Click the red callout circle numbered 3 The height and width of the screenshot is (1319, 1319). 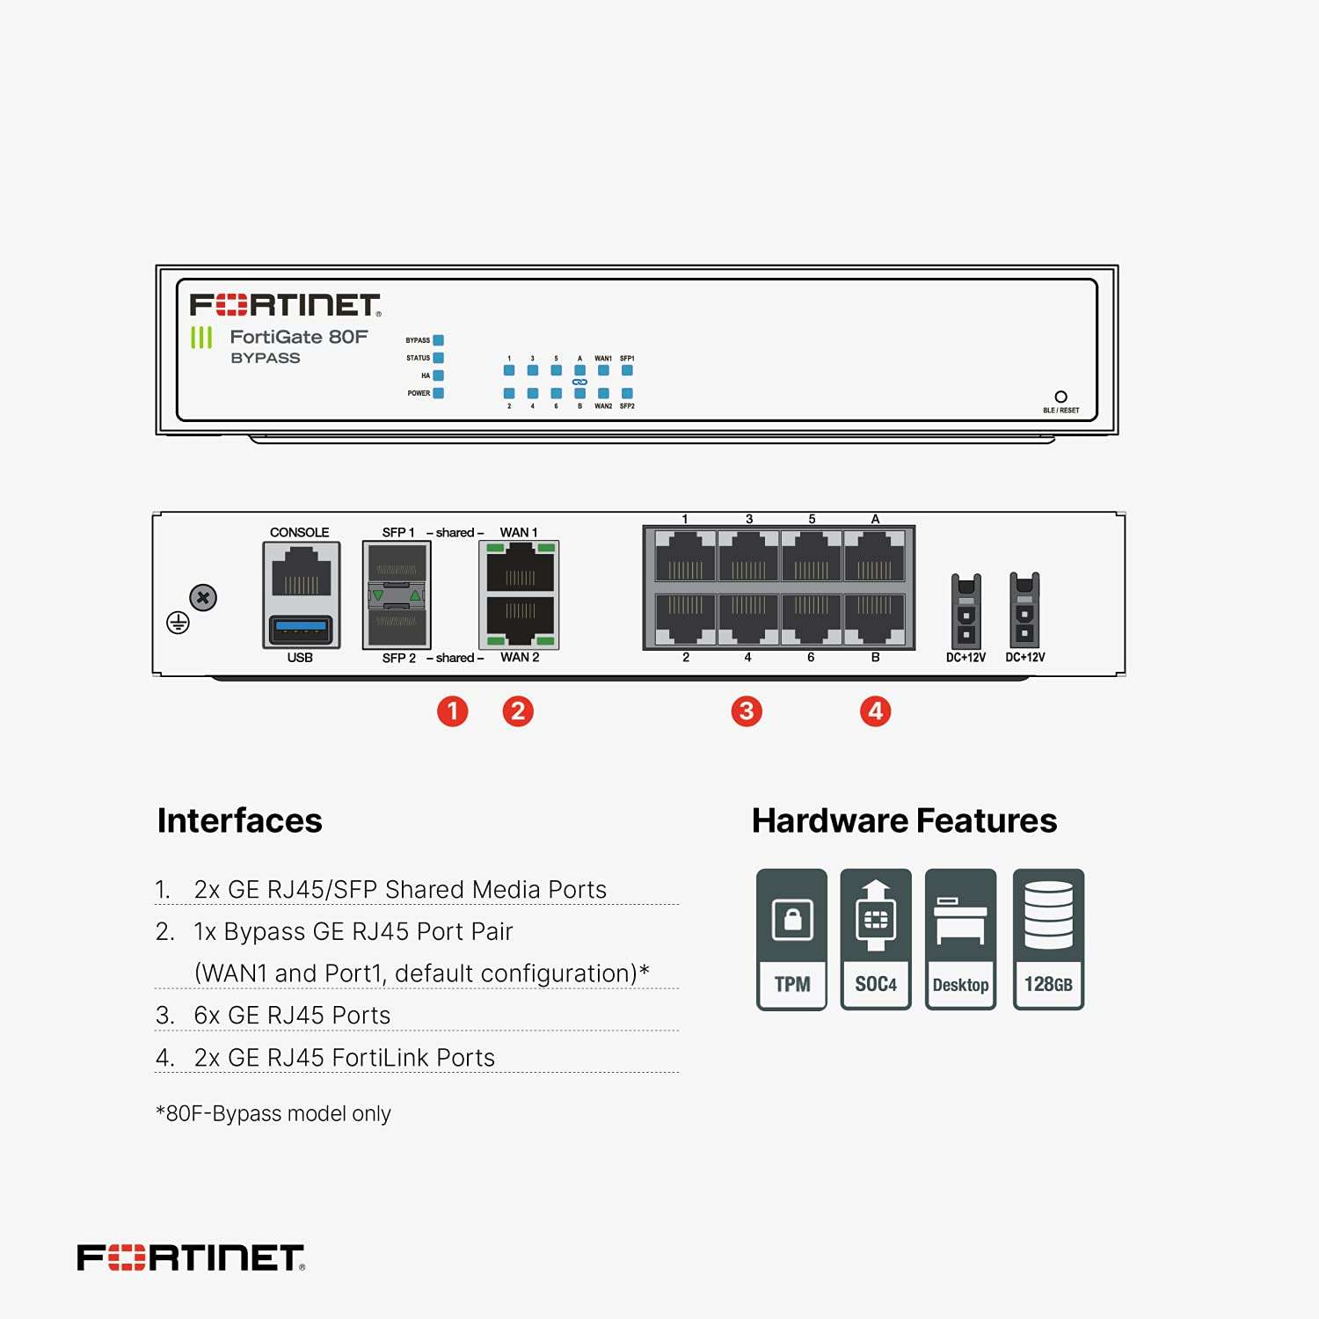747,711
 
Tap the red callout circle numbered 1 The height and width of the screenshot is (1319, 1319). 453,711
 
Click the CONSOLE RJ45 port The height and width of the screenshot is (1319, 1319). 301,572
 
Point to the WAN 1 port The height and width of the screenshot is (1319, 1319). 520,568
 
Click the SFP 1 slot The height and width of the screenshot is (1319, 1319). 397,564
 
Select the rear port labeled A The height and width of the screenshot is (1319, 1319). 874,557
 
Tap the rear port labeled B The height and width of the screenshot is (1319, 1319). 874,618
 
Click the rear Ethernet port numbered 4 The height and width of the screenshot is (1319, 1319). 748,618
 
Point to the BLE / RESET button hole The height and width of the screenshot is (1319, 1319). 1060,397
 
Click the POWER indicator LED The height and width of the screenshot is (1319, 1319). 439,393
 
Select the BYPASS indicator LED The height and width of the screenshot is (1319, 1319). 439,340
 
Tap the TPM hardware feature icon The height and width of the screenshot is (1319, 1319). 792,938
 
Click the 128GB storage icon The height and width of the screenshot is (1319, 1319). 1048,938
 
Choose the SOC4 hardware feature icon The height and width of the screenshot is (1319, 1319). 876,938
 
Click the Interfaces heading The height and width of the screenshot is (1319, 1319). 239,820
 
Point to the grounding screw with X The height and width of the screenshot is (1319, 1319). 203,598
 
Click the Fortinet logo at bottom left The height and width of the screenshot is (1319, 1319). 191,1257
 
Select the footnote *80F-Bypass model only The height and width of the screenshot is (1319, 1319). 273,1113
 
